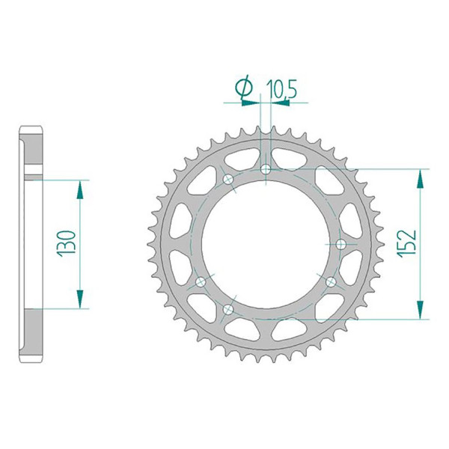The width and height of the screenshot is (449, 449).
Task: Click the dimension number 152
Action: point(406,243)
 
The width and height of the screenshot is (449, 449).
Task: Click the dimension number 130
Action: point(66,243)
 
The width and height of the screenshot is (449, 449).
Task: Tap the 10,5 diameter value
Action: point(282,88)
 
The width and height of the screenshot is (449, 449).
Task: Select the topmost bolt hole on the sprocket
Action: point(266,169)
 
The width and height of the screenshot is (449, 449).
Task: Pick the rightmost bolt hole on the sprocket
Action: point(340,244)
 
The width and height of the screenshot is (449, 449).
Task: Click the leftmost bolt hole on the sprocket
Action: point(201,282)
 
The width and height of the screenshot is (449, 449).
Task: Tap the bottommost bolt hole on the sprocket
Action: point(228,309)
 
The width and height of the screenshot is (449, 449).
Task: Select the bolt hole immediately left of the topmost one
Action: point(228,180)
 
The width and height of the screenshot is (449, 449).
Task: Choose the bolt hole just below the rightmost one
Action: point(332,282)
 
